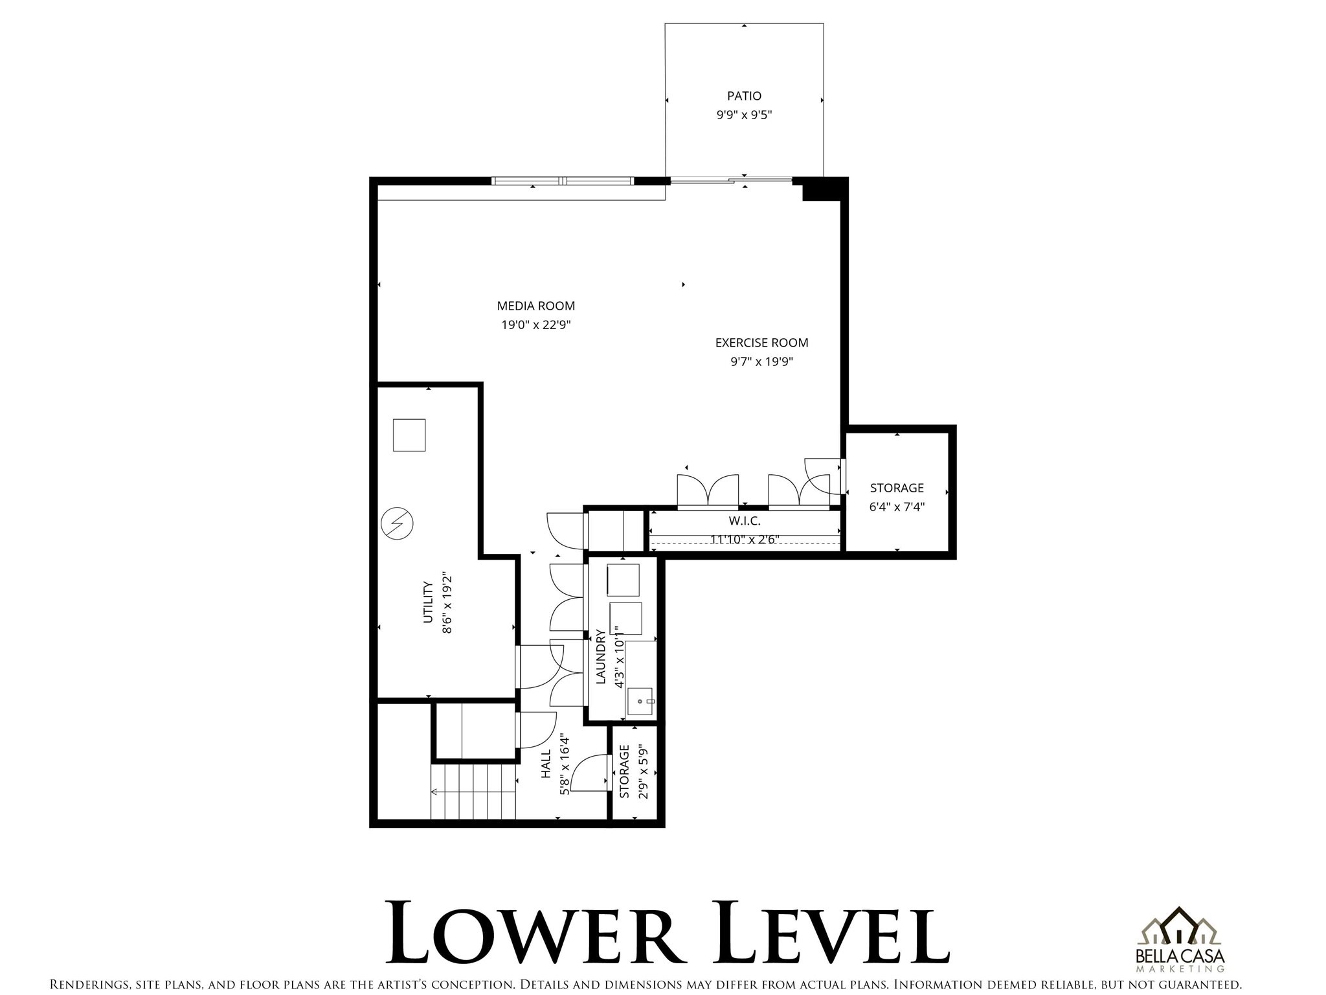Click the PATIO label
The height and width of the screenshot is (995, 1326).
point(744,96)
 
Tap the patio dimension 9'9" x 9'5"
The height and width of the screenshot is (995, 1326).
point(744,115)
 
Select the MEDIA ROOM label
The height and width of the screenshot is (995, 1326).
point(535,306)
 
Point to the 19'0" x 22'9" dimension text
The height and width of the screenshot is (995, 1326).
point(535,325)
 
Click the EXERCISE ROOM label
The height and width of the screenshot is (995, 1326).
point(761,343)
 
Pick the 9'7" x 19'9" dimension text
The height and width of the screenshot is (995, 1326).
point(761,361)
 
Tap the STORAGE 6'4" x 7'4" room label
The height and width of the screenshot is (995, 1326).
point(897,488)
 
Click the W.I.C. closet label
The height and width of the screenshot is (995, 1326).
point(745,521)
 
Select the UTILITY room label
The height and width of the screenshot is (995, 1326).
point(427,602)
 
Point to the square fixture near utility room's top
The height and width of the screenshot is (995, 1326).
point(409,435)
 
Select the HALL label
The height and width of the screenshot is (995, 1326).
point(546,764)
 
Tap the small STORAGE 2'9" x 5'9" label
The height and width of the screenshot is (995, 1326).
point(625,772)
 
